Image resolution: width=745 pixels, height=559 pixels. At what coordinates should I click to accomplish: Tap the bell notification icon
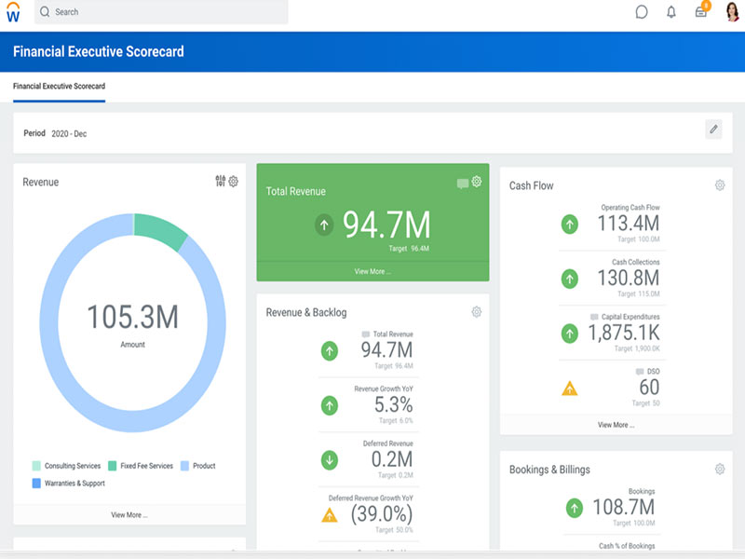click(671, 12)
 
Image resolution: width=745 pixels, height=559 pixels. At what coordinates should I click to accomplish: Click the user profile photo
click(731, 12)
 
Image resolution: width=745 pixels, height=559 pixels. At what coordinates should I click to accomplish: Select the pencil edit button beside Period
click(713, 130)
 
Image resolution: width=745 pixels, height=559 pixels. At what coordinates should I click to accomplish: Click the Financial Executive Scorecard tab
click(59, 86)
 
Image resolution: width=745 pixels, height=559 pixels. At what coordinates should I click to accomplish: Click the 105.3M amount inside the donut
click(132, 318)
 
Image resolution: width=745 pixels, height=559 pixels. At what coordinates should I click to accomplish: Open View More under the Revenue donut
click(129, 514)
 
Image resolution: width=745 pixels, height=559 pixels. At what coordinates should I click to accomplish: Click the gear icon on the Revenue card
click(234, 182)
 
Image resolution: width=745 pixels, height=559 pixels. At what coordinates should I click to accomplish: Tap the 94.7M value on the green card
click(386, 225)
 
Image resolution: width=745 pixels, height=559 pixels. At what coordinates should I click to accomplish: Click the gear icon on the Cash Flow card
click(720, 185)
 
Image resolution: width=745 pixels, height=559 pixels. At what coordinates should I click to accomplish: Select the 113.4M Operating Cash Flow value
click(628, 224)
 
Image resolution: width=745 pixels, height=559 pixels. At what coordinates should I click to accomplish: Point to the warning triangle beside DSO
click(570, 388)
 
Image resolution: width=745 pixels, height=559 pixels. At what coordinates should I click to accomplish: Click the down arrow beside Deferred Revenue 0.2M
click(330, 459)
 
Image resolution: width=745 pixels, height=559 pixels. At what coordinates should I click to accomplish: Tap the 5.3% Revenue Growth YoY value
click(393, 405)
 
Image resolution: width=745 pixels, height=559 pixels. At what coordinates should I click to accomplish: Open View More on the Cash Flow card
click(616, 425)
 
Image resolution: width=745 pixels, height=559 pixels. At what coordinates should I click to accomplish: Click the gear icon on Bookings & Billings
click(720, 470)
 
